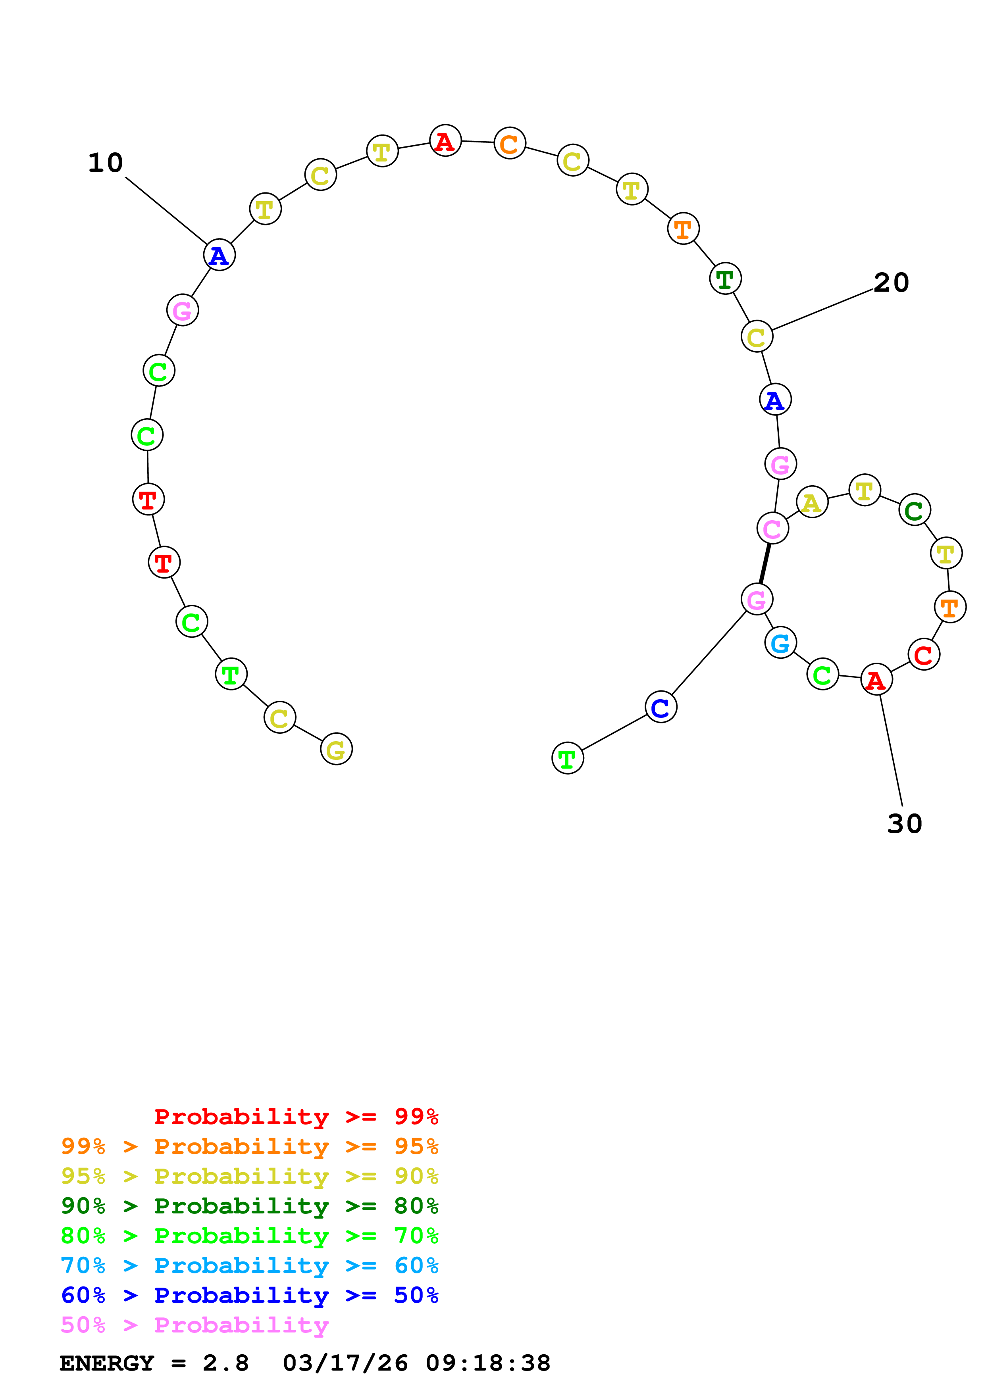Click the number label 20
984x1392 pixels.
pos(891,283)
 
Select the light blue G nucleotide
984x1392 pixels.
pos(780,643)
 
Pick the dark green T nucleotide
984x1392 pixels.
pos(725,279)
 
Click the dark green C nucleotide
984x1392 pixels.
pos(914,510)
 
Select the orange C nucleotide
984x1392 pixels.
pos(509,143)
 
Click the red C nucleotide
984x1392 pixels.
pos(923,655)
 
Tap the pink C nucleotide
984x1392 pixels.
pos(772,529)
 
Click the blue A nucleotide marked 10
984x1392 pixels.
pos(219,255)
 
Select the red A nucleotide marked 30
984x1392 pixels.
pos(876,680)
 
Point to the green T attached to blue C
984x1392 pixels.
pos(568,758)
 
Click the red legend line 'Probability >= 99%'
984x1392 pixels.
pos(296,1116)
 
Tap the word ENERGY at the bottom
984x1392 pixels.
pos(107,1363)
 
